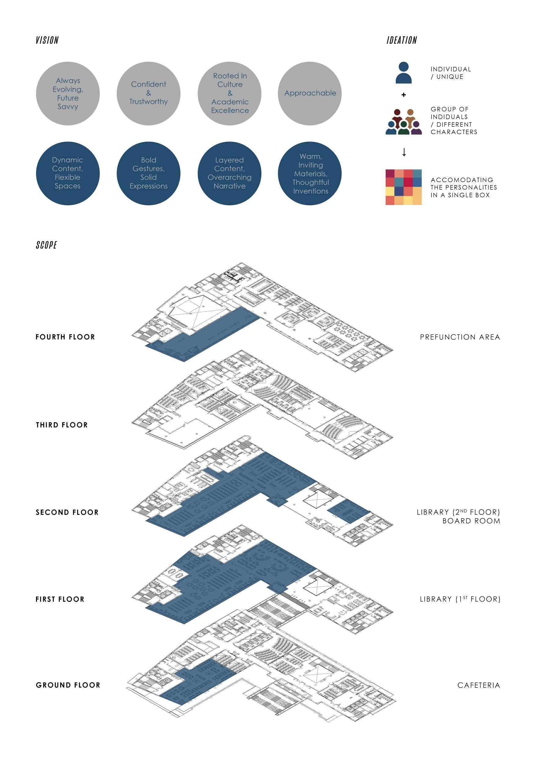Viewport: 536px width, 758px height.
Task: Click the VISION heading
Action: tap(47, 40)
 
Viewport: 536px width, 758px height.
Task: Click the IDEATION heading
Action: tap(402, 40)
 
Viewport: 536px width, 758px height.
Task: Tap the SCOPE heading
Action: tap(46, 245)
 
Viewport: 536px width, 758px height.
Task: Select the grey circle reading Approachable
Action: tap(310, 93)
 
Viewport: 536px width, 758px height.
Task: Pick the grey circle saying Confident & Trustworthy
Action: tap(149, 93)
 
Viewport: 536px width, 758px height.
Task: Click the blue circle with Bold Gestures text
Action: tap(149, 173)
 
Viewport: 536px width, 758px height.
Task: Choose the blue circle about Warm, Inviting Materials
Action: tap(310, 173)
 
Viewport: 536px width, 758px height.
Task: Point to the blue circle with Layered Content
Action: tap(229, 173)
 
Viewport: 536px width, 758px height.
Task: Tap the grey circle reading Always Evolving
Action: tap(68, 93)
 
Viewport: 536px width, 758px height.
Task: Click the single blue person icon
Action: tap(404, 73)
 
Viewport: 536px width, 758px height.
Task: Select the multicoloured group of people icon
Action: tap(404, 122)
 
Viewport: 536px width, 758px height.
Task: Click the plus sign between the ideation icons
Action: tap(404, 95)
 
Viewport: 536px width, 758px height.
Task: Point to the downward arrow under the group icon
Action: tap(404, 152)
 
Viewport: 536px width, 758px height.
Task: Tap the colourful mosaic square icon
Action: tap(404, 187)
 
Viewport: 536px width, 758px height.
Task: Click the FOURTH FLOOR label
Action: tap(65, 337)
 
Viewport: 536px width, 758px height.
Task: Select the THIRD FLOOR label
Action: tap(62, 425)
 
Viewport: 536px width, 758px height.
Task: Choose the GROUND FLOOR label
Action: tap(68, 685)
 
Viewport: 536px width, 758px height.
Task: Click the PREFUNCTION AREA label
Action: tap(460, 337)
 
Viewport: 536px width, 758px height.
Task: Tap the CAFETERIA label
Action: tap(479, 685)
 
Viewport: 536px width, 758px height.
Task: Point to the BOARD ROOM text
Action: tap(471, 521)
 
